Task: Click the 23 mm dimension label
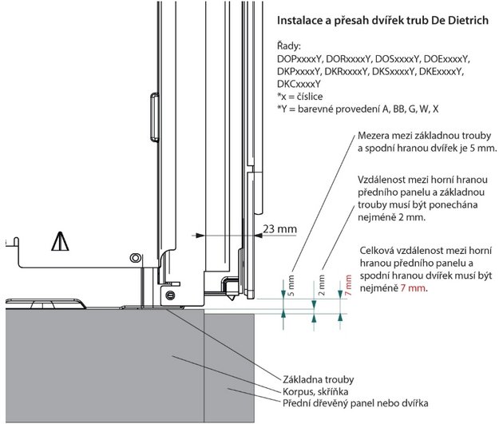click(x=280, y=229)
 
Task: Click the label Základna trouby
click(x=317, y=378)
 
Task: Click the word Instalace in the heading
click(x=301, y=18)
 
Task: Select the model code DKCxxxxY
click(x=299, y=83)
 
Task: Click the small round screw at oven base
click(x=168, y=295)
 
